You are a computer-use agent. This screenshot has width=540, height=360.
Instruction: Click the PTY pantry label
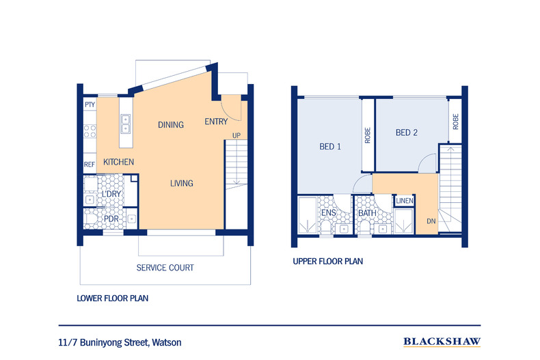click(90, 105)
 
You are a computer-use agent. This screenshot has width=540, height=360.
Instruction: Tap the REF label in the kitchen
click(90, 165)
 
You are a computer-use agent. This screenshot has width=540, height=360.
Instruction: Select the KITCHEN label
click(118, 163)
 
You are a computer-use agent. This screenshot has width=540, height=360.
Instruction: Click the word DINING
click(170, 125)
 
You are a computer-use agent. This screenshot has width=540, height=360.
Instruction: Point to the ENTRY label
click(217, 122)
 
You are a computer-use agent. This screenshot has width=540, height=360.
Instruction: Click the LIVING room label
click(181, 183)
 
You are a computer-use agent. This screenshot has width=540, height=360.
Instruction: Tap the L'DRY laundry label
click(111, 195)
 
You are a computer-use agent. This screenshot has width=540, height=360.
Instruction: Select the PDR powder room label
click(111, 219)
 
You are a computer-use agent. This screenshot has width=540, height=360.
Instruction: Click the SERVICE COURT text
click(165, 268)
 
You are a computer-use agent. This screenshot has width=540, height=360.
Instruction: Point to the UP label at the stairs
click(236, 135)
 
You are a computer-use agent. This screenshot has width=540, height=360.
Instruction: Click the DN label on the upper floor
click(431, 221)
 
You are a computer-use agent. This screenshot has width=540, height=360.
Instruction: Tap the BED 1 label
click(330, 147)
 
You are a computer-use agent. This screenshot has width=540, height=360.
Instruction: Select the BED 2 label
click(406, 133)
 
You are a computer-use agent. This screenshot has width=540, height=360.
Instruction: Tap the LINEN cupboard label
click(405, 200)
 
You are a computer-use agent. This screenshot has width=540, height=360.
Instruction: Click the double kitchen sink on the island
click(126, 123)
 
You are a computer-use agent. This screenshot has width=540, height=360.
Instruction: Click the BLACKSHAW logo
click(442, 342)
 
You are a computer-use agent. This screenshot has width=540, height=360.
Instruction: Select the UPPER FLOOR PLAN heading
click(327, 261)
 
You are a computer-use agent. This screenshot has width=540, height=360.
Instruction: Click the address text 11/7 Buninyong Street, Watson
click(120, 342)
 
